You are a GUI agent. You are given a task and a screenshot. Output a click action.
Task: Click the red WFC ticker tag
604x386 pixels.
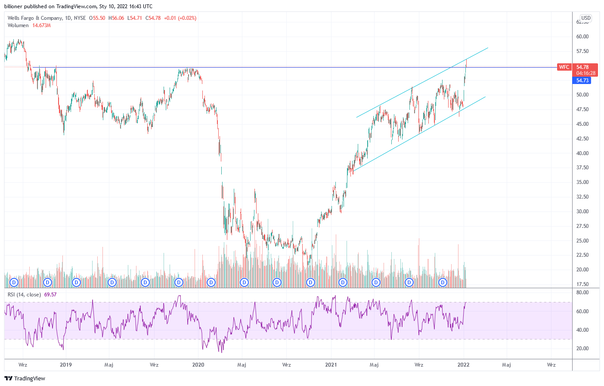click(564, 67)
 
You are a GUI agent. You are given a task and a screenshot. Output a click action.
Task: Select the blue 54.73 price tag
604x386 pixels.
click(582, 81)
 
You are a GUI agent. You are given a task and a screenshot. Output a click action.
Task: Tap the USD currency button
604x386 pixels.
click(585, 18)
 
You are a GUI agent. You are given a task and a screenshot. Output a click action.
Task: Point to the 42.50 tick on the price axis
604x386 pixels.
click(582, 139)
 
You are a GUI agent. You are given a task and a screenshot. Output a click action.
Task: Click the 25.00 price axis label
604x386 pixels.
click(582, 241)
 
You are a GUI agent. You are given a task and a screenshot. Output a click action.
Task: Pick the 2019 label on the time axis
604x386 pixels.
click(66, 365)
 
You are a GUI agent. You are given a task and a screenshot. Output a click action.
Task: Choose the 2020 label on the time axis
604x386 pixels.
click(198, 365)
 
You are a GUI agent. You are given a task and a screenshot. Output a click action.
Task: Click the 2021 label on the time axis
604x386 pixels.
click(331, 365)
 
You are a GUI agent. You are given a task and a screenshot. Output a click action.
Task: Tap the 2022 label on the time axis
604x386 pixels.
click(464, 365)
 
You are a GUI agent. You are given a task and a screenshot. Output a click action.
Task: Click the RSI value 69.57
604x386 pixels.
click(50, 295)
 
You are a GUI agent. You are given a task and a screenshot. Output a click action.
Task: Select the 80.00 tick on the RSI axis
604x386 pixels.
click(582, 293)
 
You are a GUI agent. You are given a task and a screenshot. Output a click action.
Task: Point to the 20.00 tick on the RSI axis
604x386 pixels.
click(582, 349)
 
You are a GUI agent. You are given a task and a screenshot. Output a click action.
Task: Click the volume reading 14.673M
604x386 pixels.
click(41, 25)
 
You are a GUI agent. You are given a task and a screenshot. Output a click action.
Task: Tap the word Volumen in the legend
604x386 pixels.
click(18, 25)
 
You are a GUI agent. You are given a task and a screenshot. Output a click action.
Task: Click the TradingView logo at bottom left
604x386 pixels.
click(25, 378)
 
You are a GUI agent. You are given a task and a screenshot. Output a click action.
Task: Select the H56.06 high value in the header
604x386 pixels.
click(116, 18)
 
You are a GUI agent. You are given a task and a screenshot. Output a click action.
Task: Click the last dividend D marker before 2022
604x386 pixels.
click(442, 283)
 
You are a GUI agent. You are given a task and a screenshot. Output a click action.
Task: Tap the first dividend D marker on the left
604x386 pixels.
click(14, 283)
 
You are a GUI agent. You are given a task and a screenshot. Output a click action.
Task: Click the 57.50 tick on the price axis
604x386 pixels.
click(582, 51)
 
